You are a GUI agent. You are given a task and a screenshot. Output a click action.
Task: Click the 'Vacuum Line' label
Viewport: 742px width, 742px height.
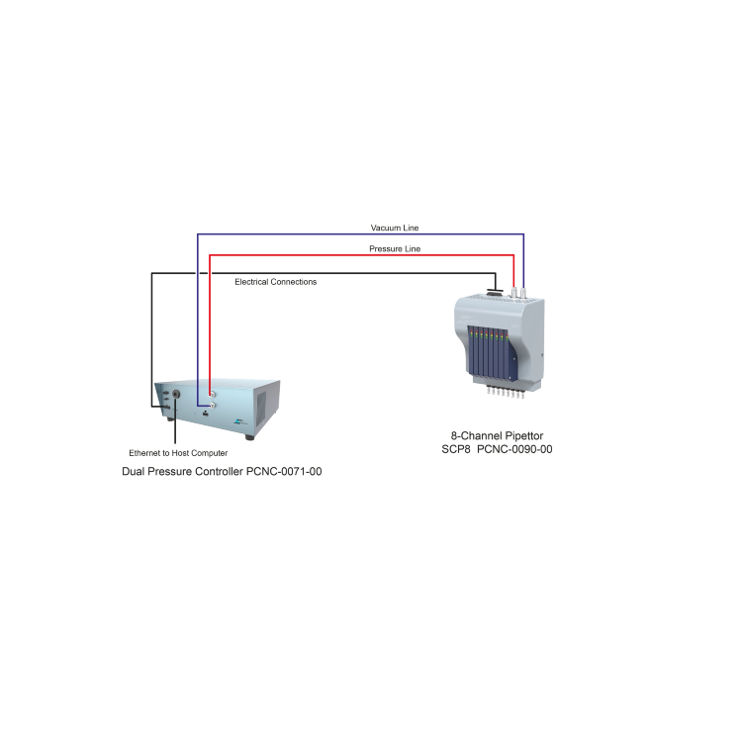pos(394,228)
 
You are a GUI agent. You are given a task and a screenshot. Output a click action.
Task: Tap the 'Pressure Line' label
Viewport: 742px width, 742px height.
pos(395,249)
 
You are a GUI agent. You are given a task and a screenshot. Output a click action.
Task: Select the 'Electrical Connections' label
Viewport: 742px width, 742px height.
pos(275,282)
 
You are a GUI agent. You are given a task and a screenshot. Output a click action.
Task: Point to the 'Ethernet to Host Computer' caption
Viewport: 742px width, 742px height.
pos(178,453)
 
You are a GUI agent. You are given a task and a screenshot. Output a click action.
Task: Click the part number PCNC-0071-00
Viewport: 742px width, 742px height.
pos(284,471)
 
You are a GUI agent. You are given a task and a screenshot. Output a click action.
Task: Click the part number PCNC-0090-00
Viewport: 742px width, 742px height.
pos(514,449)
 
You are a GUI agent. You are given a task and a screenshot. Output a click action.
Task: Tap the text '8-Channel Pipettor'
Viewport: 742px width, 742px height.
pos(497,436)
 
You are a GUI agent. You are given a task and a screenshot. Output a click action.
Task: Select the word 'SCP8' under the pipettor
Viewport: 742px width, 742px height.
pos(456,449)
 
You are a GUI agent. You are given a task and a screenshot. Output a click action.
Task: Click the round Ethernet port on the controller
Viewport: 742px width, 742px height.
pos(175,393)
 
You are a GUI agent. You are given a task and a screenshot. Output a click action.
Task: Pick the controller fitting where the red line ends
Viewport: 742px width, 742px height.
pos(213,394)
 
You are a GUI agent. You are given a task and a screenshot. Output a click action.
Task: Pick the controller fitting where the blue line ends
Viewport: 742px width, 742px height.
pos(213,405)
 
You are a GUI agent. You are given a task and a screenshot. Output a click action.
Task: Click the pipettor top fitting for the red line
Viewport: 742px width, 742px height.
pos(513,292)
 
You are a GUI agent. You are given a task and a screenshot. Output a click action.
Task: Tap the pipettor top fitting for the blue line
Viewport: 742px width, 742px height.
pos(523,293)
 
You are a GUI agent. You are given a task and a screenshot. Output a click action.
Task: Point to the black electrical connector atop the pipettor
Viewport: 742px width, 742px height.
pos(495,293)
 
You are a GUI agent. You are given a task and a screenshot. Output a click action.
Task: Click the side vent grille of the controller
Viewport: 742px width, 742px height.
pos(261,409)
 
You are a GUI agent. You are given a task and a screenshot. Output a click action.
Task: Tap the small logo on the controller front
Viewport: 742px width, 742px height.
pos(240,421)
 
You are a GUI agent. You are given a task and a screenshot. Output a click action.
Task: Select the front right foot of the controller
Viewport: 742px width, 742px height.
pos(249,437)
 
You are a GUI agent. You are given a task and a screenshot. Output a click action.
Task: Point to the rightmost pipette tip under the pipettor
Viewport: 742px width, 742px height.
pos(521,393)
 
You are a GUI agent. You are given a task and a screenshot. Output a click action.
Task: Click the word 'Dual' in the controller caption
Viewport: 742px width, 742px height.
pos(133,471)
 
